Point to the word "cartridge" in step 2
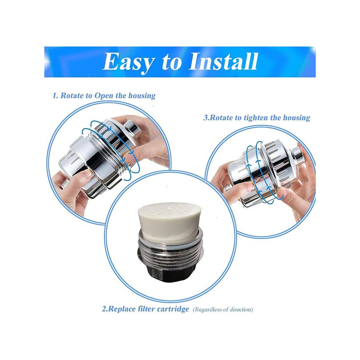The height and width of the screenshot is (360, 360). pyautogui.click(x=173, y=309)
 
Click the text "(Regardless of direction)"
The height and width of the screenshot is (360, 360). pyautogui.click(x=223, y=309)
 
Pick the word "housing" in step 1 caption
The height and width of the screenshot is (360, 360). pyautogui.click(x=142, y=96)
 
